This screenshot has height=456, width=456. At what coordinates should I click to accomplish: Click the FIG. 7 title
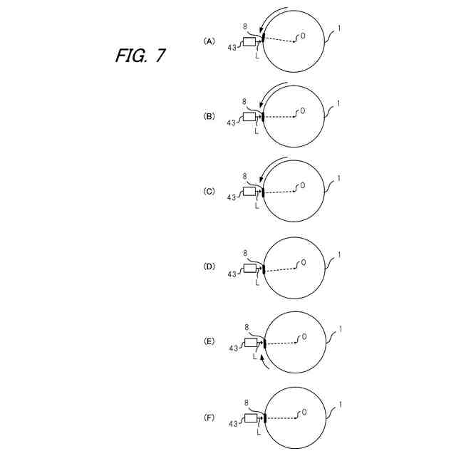140,56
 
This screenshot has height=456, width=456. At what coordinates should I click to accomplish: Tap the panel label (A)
209,41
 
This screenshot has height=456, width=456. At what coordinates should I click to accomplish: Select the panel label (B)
209,115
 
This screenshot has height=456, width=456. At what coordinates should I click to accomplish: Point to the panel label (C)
209,191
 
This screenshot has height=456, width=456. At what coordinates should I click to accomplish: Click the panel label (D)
209,266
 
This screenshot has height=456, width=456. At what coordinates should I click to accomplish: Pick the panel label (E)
209,342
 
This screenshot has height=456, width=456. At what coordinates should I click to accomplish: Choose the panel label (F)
209,418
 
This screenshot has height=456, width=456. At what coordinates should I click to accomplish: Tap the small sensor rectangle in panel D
249,268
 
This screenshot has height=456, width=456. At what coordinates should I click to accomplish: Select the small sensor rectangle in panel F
251,418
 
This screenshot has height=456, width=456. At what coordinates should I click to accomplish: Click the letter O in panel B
302,111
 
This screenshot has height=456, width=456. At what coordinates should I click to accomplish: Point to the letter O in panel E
304,336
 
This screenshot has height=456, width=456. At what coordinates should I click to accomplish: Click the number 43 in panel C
231,198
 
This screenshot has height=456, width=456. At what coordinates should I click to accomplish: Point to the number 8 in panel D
245,252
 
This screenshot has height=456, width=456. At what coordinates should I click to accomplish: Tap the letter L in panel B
256,131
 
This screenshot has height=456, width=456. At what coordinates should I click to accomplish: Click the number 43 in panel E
233,348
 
